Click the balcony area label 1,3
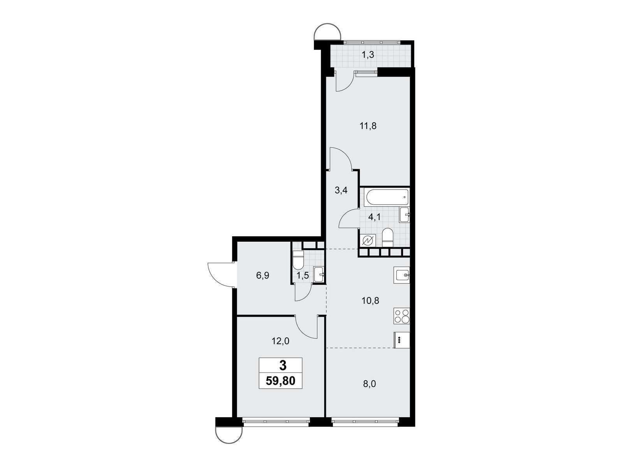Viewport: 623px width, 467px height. [x=368, y=55]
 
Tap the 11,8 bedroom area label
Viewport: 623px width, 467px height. [x=368, y=126]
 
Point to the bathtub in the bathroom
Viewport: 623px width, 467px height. [x=387, y=198]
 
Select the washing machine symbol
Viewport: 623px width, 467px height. [x=368, y=241]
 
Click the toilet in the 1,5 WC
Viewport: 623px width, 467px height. [x=298, y=260]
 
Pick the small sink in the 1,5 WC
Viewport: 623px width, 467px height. [x=319, y=274]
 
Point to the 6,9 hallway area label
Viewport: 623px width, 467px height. [x=262, y=275]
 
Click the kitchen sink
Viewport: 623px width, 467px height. [x=401, y=275]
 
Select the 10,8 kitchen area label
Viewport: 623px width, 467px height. [x=370, y=300]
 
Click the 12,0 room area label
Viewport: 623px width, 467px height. [x=280, y=341]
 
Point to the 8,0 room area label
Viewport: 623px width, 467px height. [x=370, y=384]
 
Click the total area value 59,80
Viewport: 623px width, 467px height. [x=280, y=381]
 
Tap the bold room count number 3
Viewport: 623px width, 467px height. [x=283, y=366]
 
